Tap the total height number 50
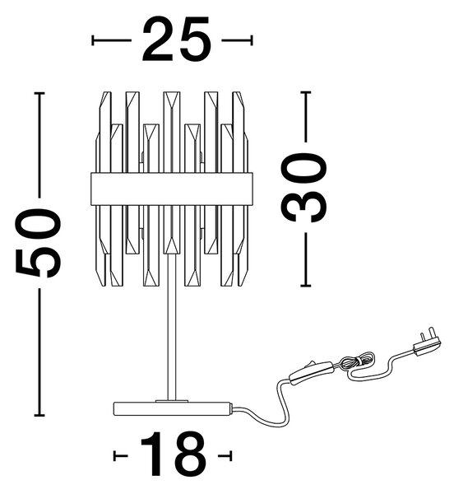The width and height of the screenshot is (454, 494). pyautogui.click(x=38, y=243)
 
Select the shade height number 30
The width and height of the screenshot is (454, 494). pyautogui.click(x=303, y=187)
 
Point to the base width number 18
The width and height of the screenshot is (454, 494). pyautogui.click(x=173, y=455)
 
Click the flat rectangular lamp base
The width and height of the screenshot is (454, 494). pyautogui.click(x=173, y=408)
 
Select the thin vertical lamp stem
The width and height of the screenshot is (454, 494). pyautogui.click(x=171, y=327)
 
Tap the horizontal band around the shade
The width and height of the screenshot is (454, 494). pyautogui.click(x=171, y=189)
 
